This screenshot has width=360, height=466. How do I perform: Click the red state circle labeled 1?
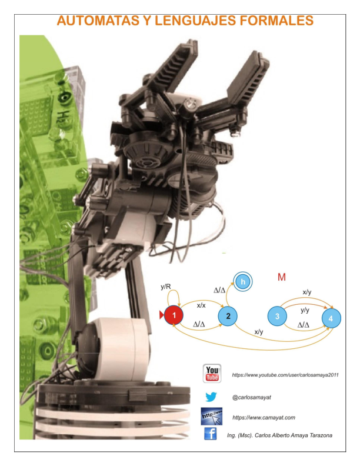tap(174, 316)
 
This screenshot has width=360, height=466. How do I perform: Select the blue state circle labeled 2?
tap(228, 317)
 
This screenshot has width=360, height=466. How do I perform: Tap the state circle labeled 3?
tap(277, 316)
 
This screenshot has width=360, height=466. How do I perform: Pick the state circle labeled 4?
tap(331, 318)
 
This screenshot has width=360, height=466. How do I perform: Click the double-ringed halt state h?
tap(242, 282)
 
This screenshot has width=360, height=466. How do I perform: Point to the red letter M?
tap(281, 277)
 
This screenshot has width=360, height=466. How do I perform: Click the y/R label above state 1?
tap(166, 287)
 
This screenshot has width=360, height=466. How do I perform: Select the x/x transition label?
tap(201, 305)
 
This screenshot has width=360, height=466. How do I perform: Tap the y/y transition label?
tap(305, 310)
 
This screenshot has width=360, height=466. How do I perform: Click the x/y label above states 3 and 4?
tap(307, 292)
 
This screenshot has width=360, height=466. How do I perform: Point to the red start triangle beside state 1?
tap(162, 316)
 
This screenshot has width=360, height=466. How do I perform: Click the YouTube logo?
tap(212, 374)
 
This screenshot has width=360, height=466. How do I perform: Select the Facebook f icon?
tap(210, 434)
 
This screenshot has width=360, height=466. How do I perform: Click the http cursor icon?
tap(212, 416)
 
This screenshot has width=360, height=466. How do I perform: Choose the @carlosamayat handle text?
tap(252, 397)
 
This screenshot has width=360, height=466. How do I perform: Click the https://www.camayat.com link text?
tap(264, 417)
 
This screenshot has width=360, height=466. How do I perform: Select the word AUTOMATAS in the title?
tap(97, 21)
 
